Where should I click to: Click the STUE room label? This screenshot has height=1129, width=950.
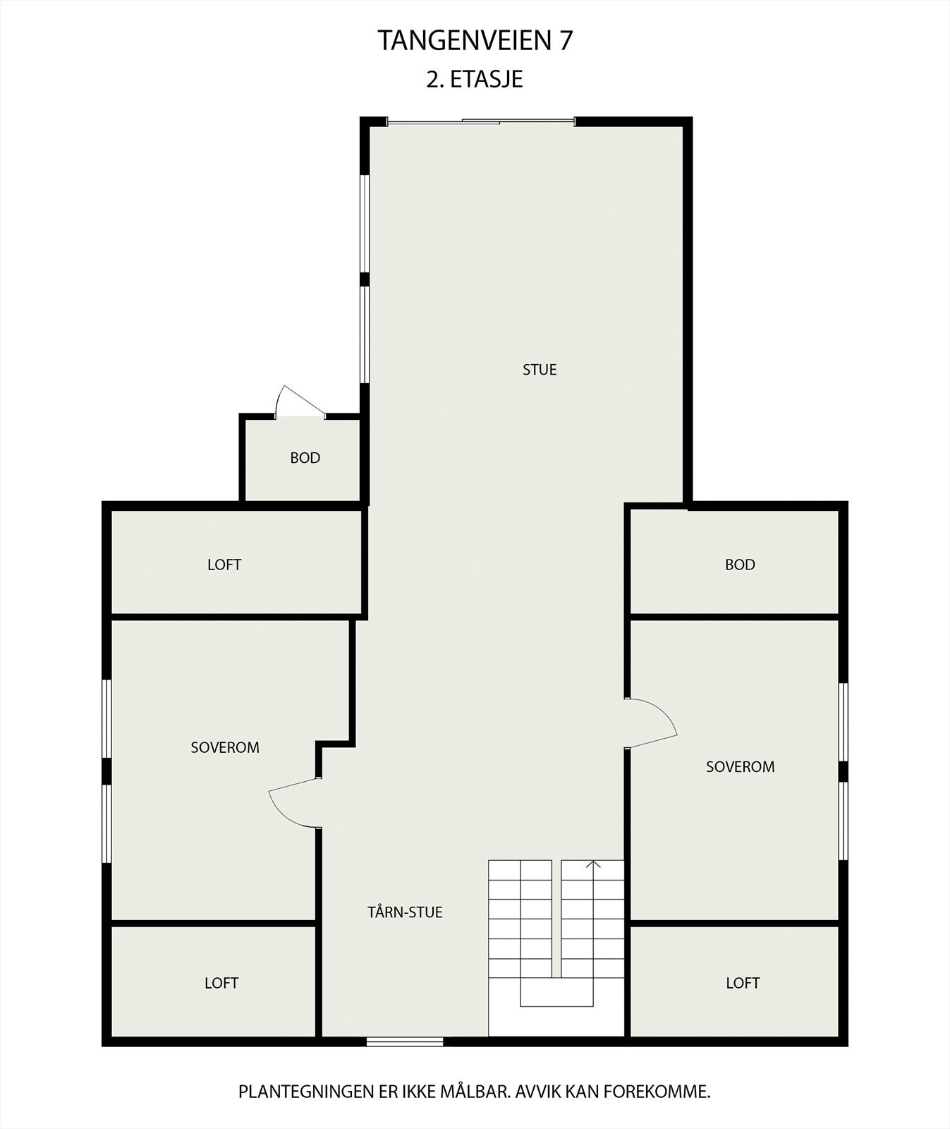pos(540,370)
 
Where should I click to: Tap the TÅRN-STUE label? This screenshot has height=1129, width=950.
pos(405,912)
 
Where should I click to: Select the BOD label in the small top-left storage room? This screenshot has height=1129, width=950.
pos(305,458)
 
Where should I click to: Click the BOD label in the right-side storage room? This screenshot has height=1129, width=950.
pos(740,564)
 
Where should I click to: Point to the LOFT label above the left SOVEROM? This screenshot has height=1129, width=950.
pos(224,564)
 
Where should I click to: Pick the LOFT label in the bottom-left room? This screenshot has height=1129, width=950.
pos(221,983)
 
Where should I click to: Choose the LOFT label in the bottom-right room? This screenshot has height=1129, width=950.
pos(743,983)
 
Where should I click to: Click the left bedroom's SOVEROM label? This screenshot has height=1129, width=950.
pos(225,747)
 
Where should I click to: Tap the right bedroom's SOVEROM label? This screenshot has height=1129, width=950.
pos(740,766)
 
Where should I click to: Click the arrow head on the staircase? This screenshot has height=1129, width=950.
pos(593,864)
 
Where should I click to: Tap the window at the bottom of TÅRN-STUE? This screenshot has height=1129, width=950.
pos(405,1042)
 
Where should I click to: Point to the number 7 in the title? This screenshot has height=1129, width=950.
pos(566,41)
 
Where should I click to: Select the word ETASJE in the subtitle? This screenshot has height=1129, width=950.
pos(487,79)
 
